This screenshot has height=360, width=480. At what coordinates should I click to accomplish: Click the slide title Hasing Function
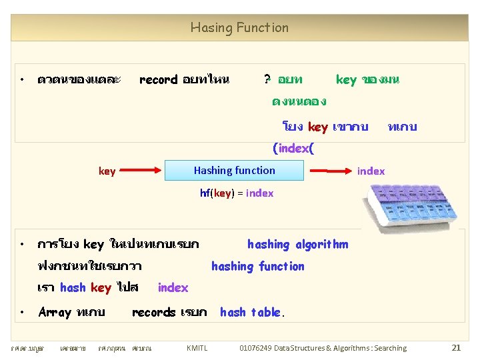239,28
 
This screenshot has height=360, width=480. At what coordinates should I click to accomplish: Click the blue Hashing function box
234,171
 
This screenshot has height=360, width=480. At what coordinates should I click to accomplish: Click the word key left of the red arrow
107,171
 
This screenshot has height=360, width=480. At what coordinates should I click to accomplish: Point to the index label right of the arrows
371,171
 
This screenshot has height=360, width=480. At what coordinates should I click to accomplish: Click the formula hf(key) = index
237,193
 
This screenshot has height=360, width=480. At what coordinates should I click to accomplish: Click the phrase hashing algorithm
297,245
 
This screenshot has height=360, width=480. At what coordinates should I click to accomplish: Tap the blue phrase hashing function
257,267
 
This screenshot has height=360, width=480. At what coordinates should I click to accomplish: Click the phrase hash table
252,312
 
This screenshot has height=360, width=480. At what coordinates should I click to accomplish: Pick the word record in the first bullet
158,80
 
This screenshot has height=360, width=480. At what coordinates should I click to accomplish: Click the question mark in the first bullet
267,80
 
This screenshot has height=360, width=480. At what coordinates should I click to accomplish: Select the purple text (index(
293,148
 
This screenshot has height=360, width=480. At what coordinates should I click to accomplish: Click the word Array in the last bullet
55,312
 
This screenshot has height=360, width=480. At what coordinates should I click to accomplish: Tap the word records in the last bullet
154,312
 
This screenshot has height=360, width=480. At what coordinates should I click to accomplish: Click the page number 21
456,347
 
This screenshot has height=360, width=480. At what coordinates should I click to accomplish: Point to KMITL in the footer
197,348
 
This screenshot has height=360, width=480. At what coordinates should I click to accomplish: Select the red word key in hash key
101,288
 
